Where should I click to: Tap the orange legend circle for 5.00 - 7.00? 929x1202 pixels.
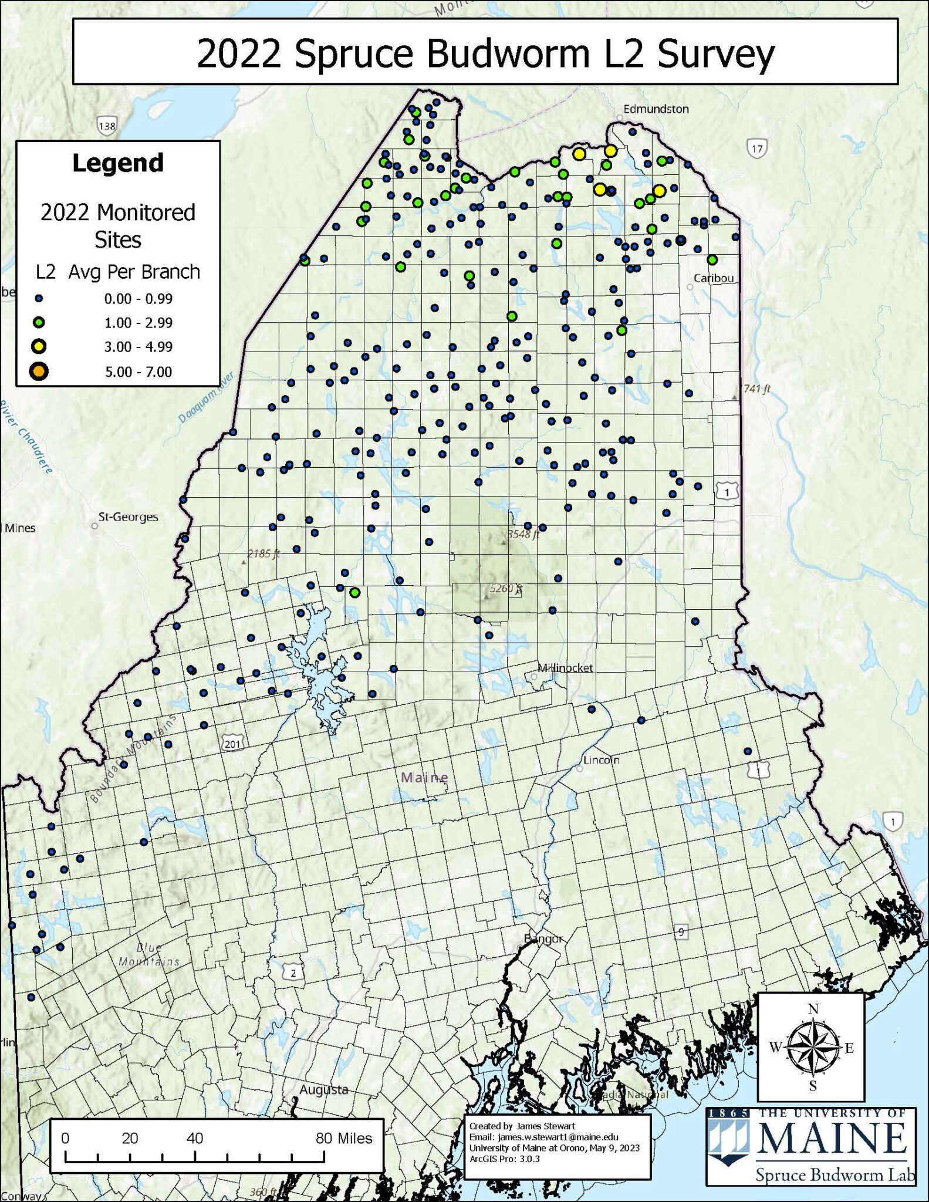pos(39,372)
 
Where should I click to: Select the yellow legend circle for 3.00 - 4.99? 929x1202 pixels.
pos(39,346)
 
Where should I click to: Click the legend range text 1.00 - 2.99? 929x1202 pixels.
pos(138,323)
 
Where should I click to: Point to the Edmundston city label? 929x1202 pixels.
pos(656,109)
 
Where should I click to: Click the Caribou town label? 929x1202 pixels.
pos(713,278)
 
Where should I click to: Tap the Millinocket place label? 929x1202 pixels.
pos(566,668)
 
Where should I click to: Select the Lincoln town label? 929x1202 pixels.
pos(601,760)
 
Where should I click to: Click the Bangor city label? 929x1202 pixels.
pos(543,939)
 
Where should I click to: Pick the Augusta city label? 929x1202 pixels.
pos(324,1090)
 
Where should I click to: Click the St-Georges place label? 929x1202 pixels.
pos(128,517)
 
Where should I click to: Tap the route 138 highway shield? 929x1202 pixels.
pos(107,126)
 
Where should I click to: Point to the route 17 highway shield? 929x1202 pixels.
pos(756,148)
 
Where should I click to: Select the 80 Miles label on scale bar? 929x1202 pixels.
pos(344,1138)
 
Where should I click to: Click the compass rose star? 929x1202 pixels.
pos(812,1048)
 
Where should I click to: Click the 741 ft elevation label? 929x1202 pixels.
pos(756,389)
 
